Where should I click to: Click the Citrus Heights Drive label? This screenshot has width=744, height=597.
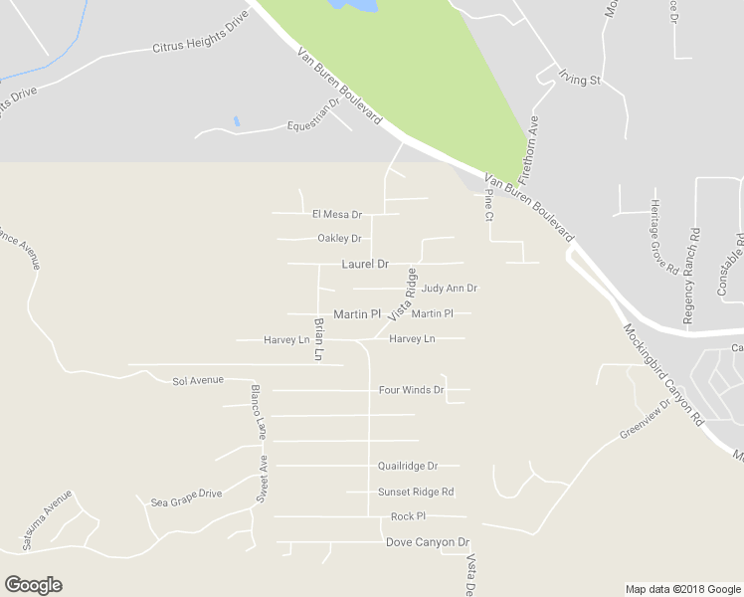(199, 46)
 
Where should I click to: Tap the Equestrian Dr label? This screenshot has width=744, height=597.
(313, 125)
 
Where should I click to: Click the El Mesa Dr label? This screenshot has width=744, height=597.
(337, 214)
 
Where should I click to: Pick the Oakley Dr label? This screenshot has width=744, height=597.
(339, 238)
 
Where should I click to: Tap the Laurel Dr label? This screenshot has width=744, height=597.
(364, 264)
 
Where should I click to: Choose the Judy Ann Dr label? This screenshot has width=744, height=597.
(449, 289)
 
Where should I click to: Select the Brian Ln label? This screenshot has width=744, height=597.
(318, 338)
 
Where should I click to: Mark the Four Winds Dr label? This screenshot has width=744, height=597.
(411, 390)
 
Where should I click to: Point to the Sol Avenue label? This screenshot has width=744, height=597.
(198, 380)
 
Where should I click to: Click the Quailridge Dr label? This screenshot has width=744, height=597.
(408, 466)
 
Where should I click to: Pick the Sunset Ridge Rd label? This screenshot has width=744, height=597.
(416, 492)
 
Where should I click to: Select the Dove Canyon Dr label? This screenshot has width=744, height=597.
(427, 542)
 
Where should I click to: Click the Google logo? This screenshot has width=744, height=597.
(33, 585)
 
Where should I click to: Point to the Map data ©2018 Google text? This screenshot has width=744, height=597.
(682, 589)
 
